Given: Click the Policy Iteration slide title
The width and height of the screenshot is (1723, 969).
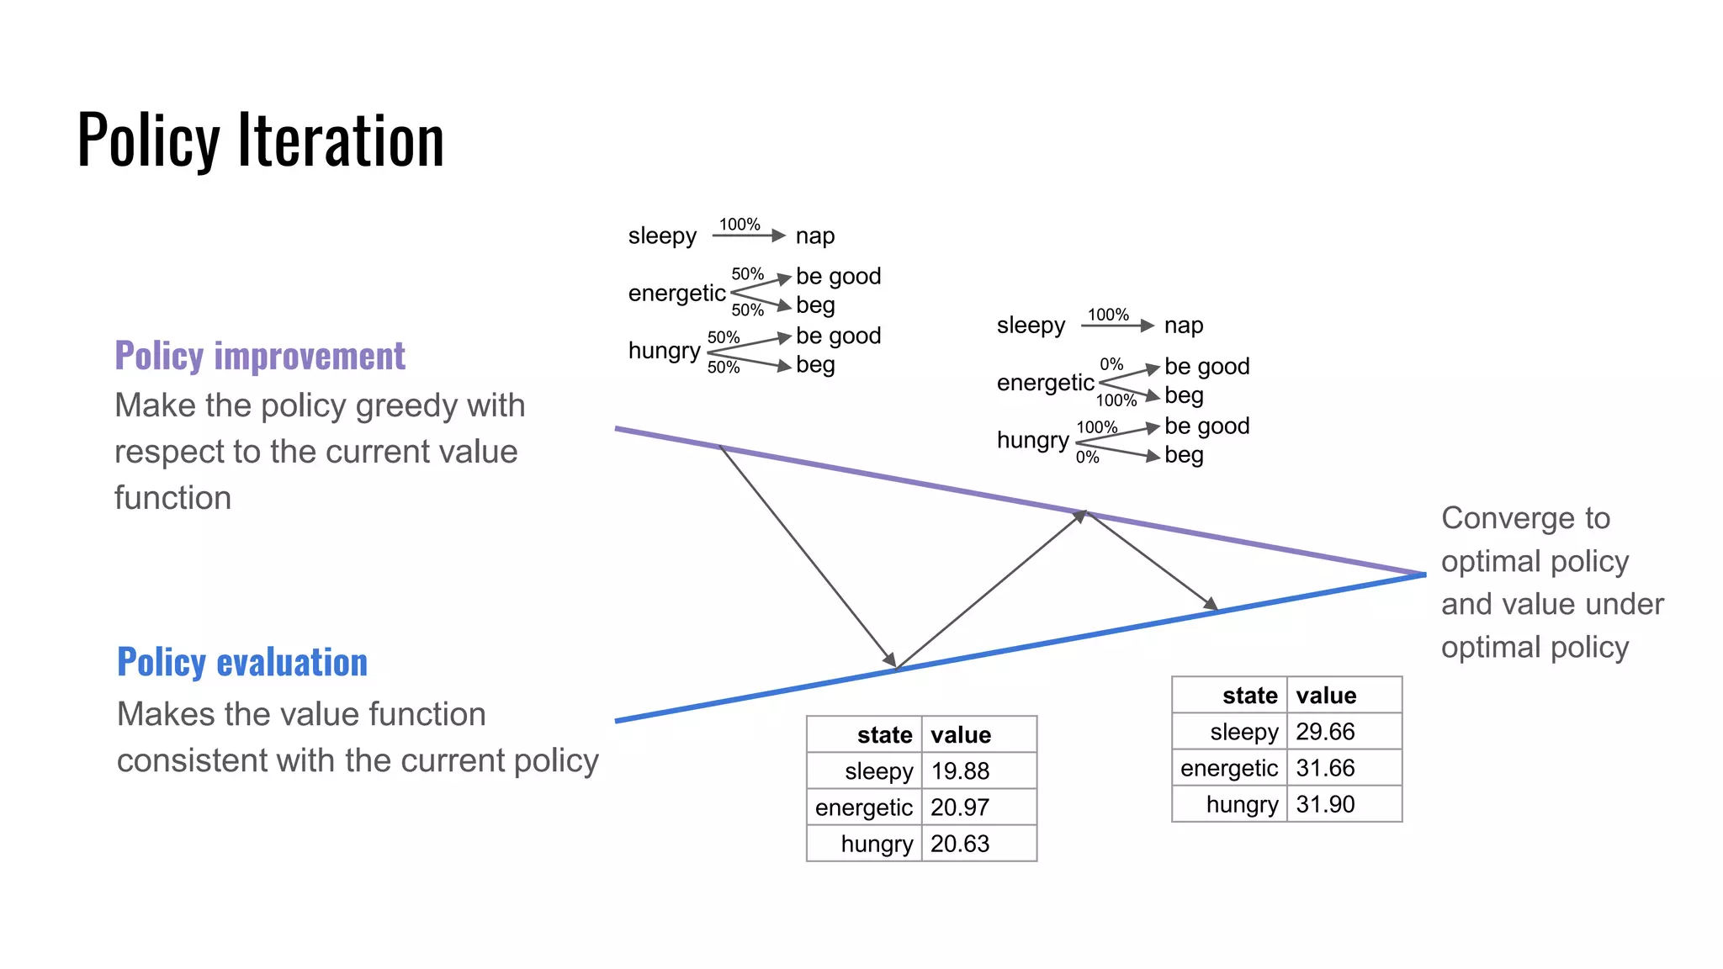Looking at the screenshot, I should click(260, 140).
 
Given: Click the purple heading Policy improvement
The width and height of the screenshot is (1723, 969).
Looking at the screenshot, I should click(260, 356).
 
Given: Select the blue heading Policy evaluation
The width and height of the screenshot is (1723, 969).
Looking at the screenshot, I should click(242, 662).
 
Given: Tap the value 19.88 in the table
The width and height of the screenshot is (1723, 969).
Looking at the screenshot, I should click(960, 770).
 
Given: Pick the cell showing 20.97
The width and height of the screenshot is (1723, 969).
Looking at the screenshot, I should click(960, 807).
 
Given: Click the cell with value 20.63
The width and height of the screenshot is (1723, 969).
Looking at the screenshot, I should click(960, 844).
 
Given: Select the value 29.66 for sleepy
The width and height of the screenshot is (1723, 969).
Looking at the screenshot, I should click(1325, 732).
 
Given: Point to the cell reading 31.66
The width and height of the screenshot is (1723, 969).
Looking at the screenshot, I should click(1325, 768).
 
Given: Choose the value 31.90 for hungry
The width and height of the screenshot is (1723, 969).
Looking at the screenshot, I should click(1325, 804).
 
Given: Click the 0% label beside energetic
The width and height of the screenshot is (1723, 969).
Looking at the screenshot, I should click(1111, 364).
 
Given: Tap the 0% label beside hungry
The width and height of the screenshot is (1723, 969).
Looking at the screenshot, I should click(1087, 457).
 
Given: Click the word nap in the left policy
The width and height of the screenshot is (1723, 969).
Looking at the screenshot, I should click(815, 236).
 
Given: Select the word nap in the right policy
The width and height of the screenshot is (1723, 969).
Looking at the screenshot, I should click(1184, 326).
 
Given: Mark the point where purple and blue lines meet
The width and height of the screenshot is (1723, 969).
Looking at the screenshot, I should click(1424, 575).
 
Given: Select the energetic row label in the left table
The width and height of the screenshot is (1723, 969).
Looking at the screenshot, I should click(863, 807).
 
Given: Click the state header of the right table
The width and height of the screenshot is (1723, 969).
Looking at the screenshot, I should click(1249, 696).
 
